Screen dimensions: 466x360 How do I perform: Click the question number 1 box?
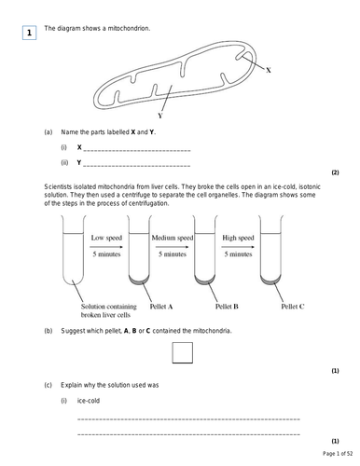[x=29, y=34]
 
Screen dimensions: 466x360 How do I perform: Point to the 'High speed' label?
[x=239, y=239]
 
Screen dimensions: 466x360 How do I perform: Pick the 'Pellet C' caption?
[x=293, y=305]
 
